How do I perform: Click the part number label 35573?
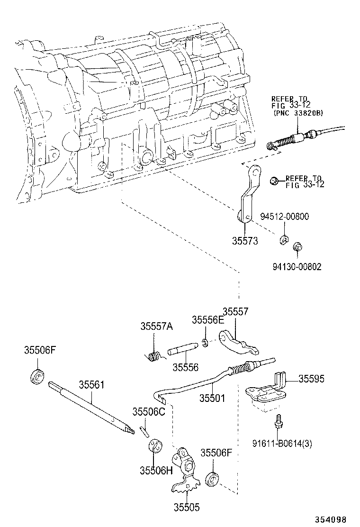point(244,241)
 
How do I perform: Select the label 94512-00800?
point(284,217)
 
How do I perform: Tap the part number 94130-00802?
point(297,267)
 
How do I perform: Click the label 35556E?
point(207,320)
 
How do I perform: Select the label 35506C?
point(148,411)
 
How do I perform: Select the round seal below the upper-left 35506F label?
point(37,377)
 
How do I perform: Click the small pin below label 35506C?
point(145,431)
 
